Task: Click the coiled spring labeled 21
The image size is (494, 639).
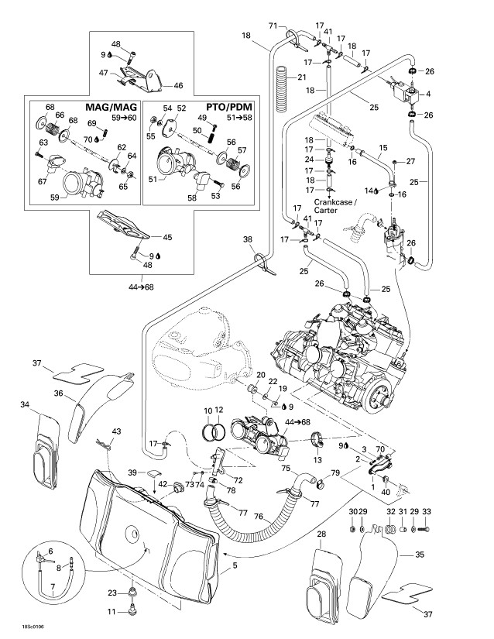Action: click(x=284, y=78)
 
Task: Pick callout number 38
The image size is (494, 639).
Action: click(x=248, y=239)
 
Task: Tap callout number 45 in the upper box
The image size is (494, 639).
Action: click(x=166, y=237)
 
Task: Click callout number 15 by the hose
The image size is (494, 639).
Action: click(x=382, y=147)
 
